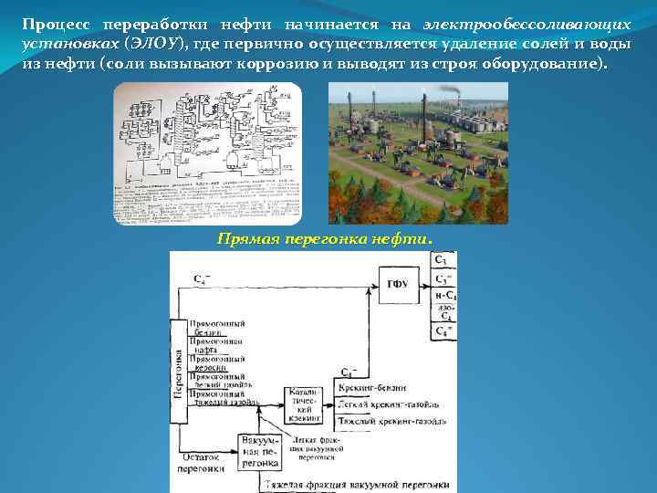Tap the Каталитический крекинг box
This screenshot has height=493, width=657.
[x=304, y=405]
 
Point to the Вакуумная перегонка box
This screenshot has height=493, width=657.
[x=258, y=451]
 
